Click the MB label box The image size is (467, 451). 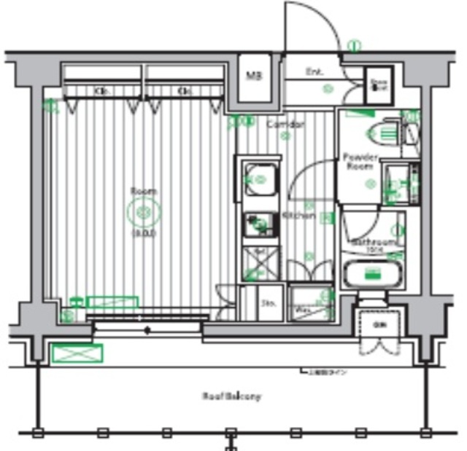click(x=253, y=76)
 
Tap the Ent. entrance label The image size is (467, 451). click(x=314, y=72)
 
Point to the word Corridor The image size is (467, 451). click(x=285, y=125)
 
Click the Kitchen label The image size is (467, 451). click(x=298, y=216)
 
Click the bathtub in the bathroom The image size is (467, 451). click(x=373, y=275)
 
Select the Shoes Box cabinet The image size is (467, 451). click(x=379, y=84)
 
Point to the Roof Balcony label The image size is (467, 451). click(x=231, y=397)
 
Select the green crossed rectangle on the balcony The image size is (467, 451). click(x=77, y=353)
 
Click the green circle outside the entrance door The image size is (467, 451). click(x=354, y=46)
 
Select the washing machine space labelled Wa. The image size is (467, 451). click(x=302, y=305)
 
